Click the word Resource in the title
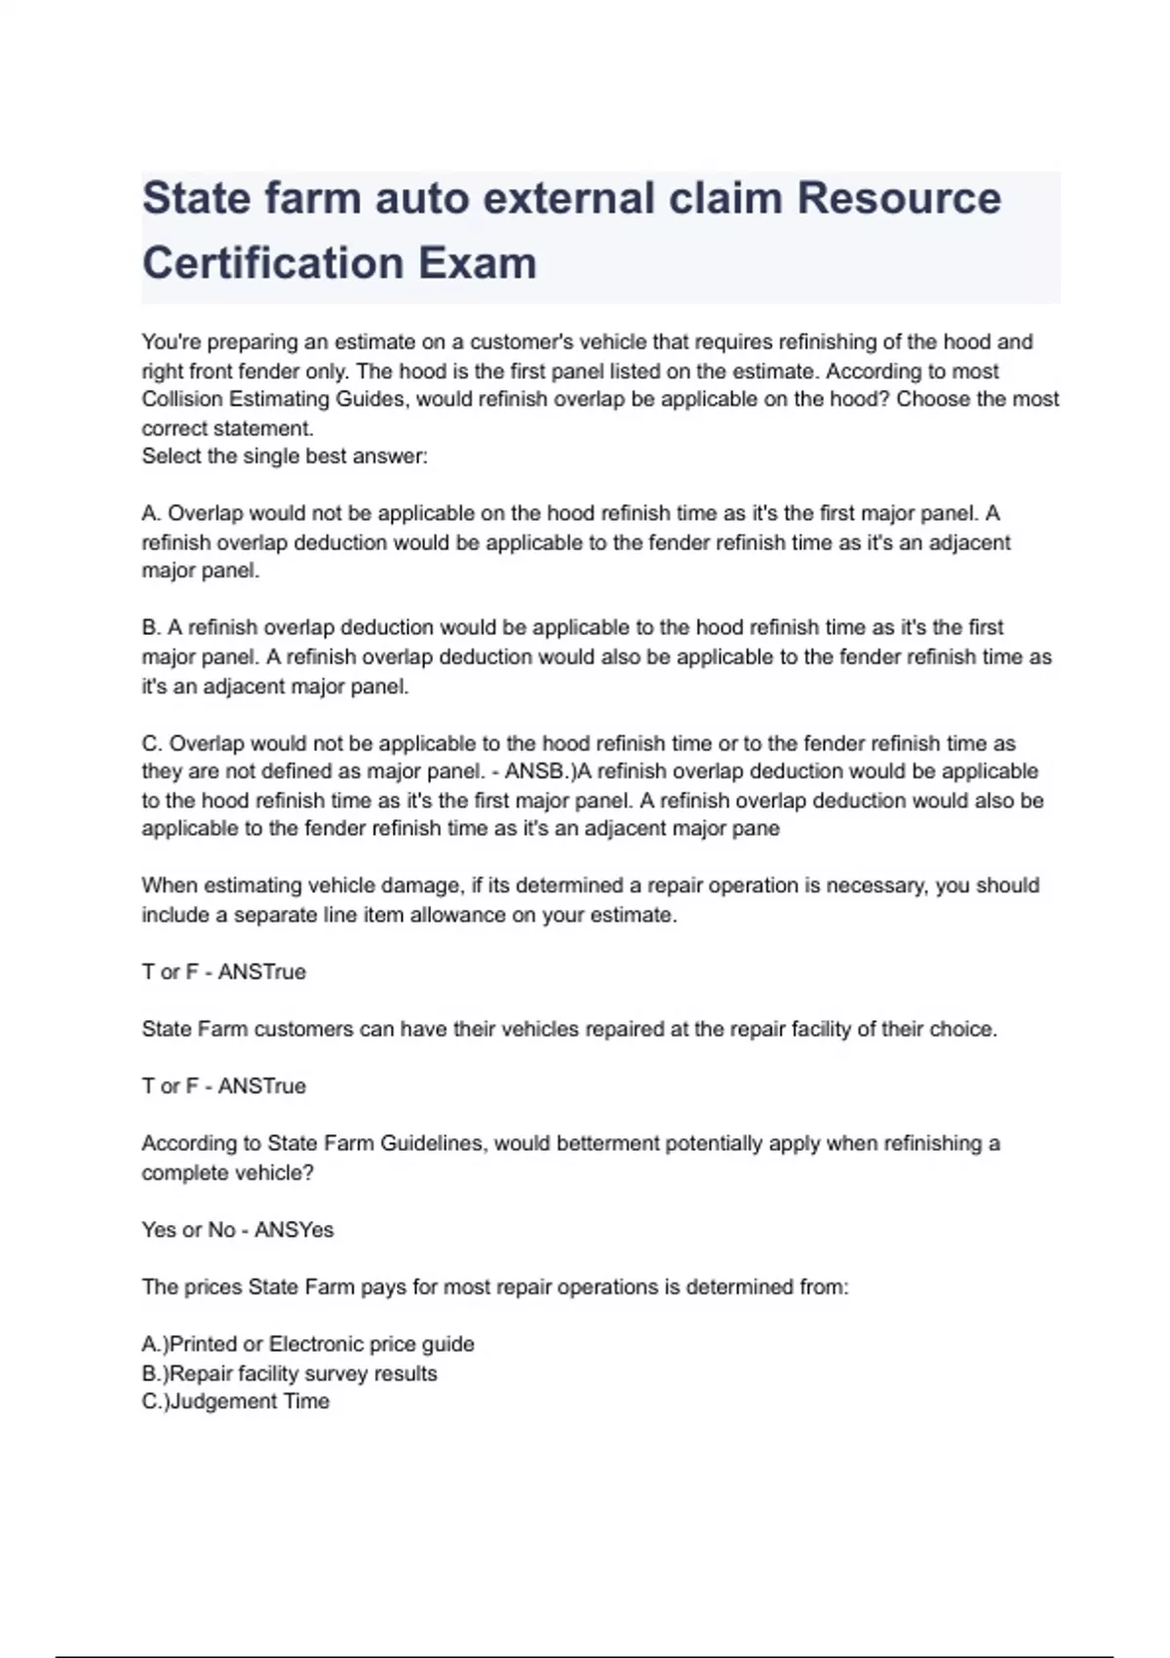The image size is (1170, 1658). (899, 199)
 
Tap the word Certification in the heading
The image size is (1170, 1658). (272, 263)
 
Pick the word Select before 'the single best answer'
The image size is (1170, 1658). (172, 455)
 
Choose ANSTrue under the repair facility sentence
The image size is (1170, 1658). (262, 1086)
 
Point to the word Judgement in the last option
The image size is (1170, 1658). (217, 1401)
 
